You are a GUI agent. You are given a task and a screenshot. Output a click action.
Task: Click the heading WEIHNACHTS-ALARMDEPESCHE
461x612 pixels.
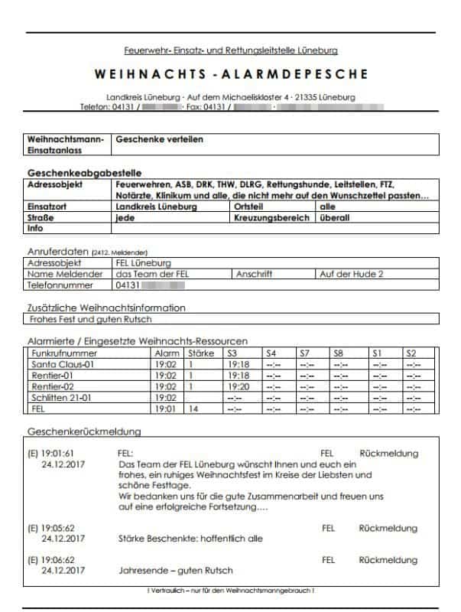[230, 74]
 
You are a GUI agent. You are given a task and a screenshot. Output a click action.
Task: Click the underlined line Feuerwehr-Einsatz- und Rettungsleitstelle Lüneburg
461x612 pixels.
[230, 51]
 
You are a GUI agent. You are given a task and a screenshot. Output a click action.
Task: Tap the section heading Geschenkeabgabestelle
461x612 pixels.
[84, 173]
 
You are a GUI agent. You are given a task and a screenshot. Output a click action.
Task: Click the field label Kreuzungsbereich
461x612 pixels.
[272, 217]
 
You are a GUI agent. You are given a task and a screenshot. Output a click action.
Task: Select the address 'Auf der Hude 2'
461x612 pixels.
[351, 274]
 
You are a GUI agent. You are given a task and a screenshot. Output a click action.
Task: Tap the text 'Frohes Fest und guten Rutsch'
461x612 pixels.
[90, 319]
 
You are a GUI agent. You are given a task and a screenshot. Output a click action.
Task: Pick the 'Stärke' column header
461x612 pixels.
[201, 353]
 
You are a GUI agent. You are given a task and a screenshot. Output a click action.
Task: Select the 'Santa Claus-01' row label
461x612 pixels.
[62, 365]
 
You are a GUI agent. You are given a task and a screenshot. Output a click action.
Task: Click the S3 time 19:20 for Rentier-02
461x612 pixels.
[239, 386]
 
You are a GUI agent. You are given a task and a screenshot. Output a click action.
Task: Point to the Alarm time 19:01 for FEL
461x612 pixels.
[166, 409]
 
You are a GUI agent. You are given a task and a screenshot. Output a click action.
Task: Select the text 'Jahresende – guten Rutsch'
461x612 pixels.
[176, 571]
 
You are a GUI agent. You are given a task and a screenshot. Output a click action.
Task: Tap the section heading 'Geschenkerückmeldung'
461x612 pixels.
[84, 431]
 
